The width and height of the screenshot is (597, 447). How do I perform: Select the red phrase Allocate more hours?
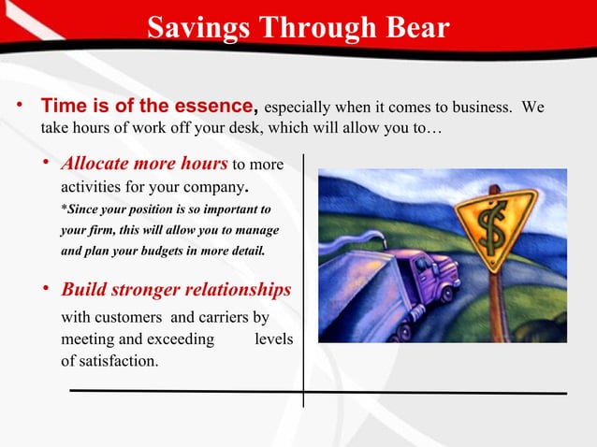coord(144,164)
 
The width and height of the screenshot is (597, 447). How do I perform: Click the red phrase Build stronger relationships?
coord(176,289)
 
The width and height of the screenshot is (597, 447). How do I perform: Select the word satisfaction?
coord(117,359)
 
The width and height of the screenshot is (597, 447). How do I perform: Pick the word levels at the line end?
coord(273,339)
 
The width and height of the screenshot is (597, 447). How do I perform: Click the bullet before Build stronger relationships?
coord(47,290)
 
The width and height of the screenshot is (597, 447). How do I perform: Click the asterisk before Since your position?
coord(64,209)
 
